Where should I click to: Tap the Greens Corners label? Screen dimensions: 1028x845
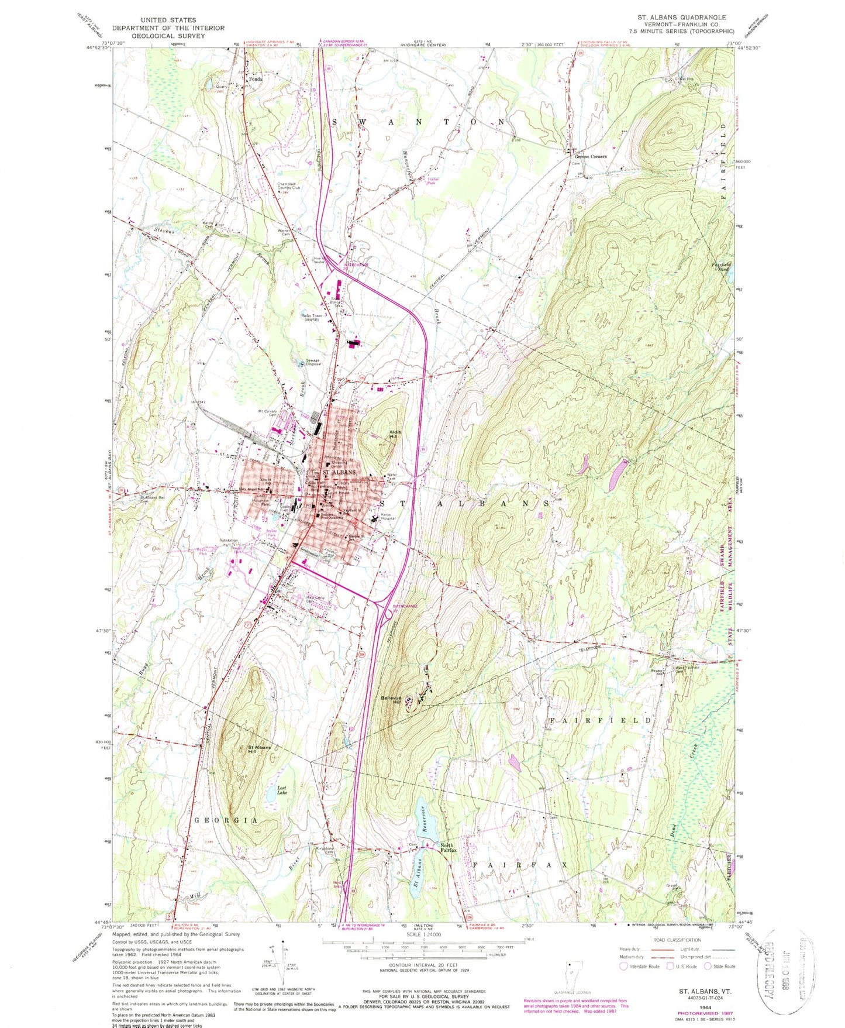pyautogui.click(x=590, y=156)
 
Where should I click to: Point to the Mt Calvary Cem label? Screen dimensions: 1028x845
pyautogui.click(x=268, y=413)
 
